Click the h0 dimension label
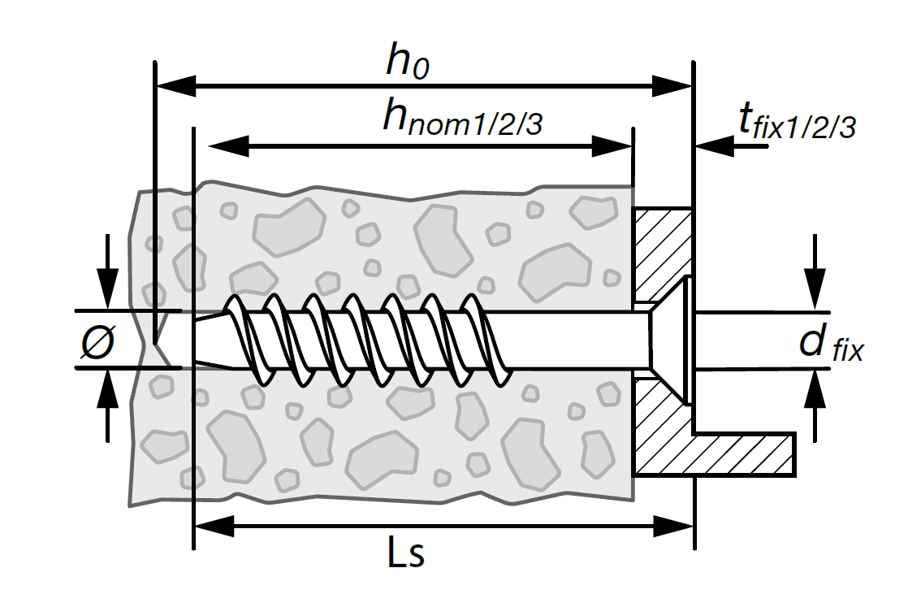[x=408, y=61]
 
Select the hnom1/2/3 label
[x=462, y=118]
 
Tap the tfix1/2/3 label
[x=797, y=121]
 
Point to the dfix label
[x=831, y=343]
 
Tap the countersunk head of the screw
[x=669, y=340]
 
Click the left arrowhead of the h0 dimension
[x=175, y=86]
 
